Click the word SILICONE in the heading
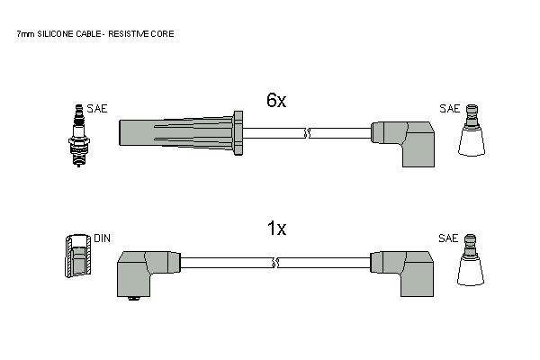click(56, 34)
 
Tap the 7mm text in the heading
click(25, 34)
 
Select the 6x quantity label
click(276, 100)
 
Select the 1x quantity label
click(276, 228)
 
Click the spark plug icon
click(79, 135)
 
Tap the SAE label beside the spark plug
click(97, 109)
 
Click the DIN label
click(102, 238)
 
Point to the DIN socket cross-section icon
click(77, 256)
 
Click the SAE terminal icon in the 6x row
click(472, 130)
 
